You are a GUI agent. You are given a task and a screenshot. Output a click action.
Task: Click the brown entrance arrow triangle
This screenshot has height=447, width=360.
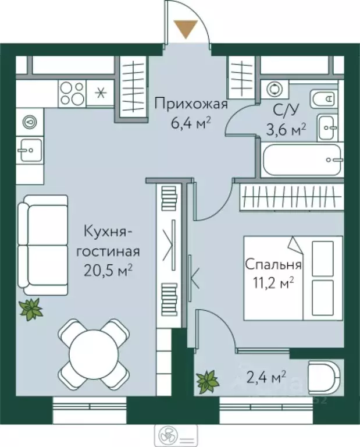(x=187, y=29)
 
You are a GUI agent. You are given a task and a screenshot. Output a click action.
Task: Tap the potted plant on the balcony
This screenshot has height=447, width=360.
(x=206, y=382)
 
